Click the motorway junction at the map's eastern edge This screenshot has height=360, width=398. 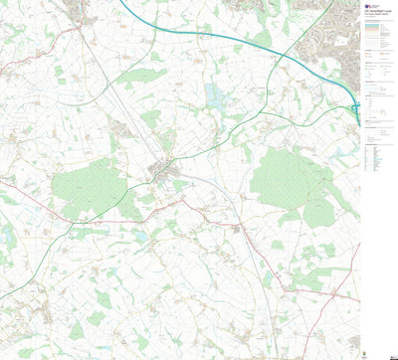355,103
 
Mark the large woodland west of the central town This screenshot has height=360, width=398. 88,187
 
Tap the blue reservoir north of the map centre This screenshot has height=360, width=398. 215,95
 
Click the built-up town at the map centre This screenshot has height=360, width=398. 162,169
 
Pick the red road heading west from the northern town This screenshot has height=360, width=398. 30,64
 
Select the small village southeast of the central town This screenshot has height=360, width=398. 237,228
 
